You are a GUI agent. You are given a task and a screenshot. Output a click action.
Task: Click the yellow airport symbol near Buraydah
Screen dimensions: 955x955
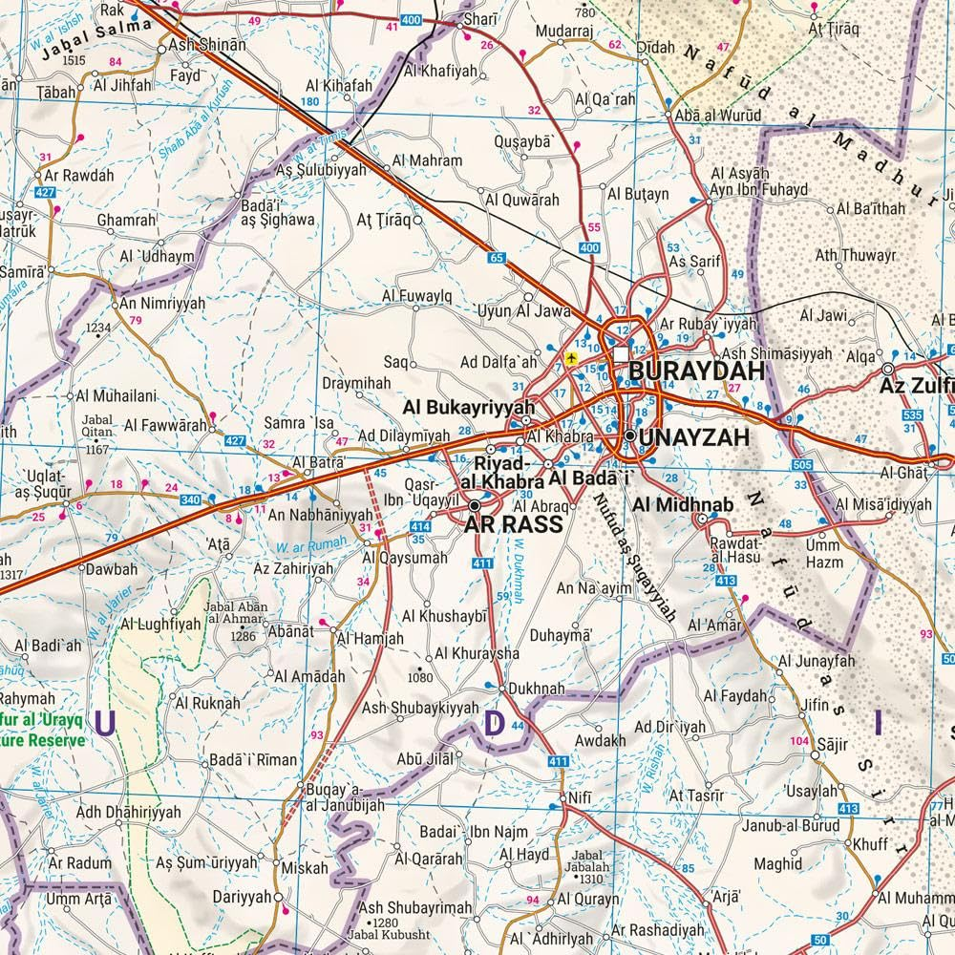click(571, 357)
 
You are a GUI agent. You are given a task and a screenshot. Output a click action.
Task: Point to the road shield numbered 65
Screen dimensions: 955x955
click(497, 257)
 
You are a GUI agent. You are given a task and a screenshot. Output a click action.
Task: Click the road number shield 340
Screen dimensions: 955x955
click(191, 499)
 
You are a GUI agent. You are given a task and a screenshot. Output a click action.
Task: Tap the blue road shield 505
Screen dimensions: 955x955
click(802, 465)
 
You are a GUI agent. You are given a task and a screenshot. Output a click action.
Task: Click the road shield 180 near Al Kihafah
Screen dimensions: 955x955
click(309, 101)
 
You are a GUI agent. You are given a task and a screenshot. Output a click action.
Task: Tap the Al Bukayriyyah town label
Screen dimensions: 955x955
click(467, 406)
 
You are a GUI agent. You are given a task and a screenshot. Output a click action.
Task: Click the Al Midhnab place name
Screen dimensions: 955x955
click(676, 501)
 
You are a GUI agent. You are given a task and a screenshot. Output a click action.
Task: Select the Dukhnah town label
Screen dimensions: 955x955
click(537, 688)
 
